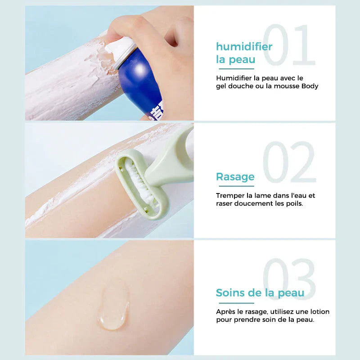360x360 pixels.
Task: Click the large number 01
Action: pyautogui.click(x=289, y=46)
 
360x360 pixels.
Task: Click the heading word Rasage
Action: pyautogui.click(x=235, y=177)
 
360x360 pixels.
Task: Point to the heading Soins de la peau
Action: pyautogui.click(x=260, y=293)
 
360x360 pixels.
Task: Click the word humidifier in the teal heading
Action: pyautogui.click(x=244, y=47)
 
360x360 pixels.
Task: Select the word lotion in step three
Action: pyautogui.click(x=319, y=311)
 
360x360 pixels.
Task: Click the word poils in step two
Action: pyautogui.click(x=294, y=203)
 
